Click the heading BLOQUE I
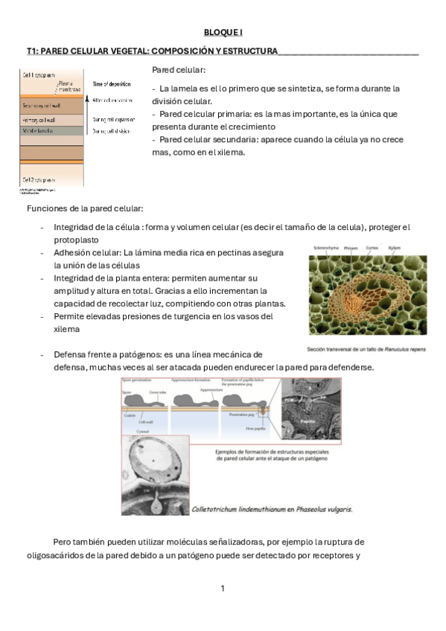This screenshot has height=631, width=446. click(223, 33)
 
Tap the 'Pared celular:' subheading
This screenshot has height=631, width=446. click(178, 70)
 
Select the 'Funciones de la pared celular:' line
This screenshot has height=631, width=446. click(85, 208)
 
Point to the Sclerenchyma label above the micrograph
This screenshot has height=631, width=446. click(328, 247)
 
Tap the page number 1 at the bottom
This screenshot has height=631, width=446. click(222, 589)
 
